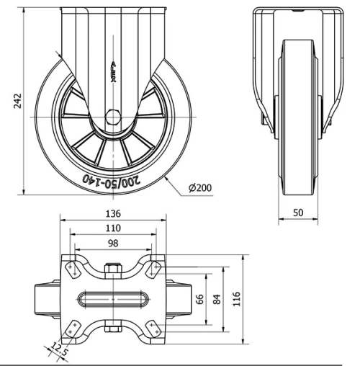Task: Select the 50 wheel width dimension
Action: (x=297, y=213)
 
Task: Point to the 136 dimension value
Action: (x=113, y=214)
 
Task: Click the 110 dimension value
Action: (x=113, y=229)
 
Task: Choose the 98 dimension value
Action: (x=113, y=244)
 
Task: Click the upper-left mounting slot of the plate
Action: (x=73, y=269)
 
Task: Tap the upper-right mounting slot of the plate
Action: (x=153, y=269)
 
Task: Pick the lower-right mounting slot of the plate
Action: (x=153, y=327)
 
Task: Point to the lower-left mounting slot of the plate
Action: (x=73, y=327)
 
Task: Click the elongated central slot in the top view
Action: (x=113, y=298)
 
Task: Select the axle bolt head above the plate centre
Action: (x=113, y=271)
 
